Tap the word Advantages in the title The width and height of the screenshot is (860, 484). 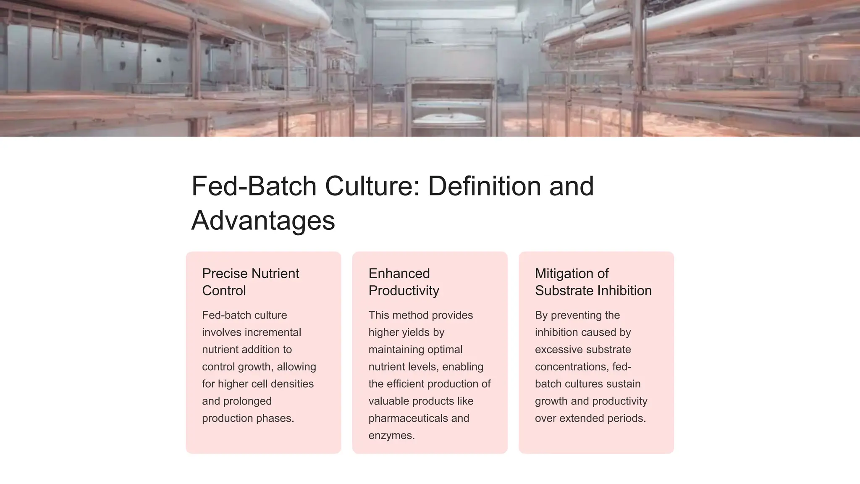(x=263, y=221)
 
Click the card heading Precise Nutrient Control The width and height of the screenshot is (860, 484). (x=250, y=282)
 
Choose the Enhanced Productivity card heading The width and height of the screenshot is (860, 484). (x=404, y=282)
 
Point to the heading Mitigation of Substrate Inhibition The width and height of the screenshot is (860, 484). (x=593, y=282)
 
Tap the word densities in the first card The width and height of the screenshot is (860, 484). (x=292, y=384)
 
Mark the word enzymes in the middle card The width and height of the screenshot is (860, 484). (x=391, y=436)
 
